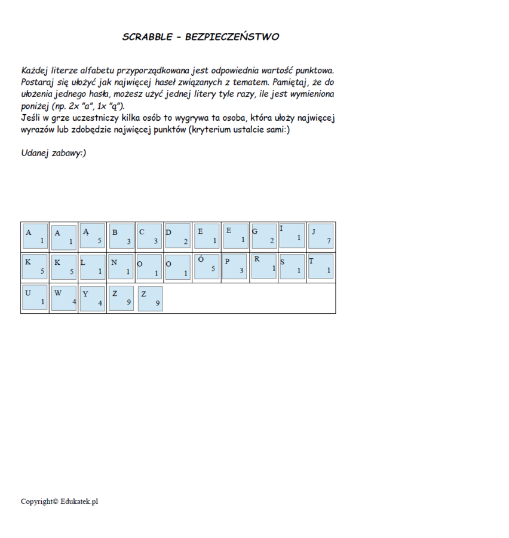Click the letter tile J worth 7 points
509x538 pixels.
point(321,236)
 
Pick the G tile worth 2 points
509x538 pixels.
point(263,236)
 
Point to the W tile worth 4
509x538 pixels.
point(64,298)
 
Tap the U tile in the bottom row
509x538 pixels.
point(35,298)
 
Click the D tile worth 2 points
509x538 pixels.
point(177,236)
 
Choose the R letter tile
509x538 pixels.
point(263,266)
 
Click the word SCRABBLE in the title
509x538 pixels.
point(148,37)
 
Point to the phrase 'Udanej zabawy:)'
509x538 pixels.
point(54,153)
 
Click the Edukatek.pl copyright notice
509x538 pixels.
point(59,501)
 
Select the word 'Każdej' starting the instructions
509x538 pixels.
point(35,71)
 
